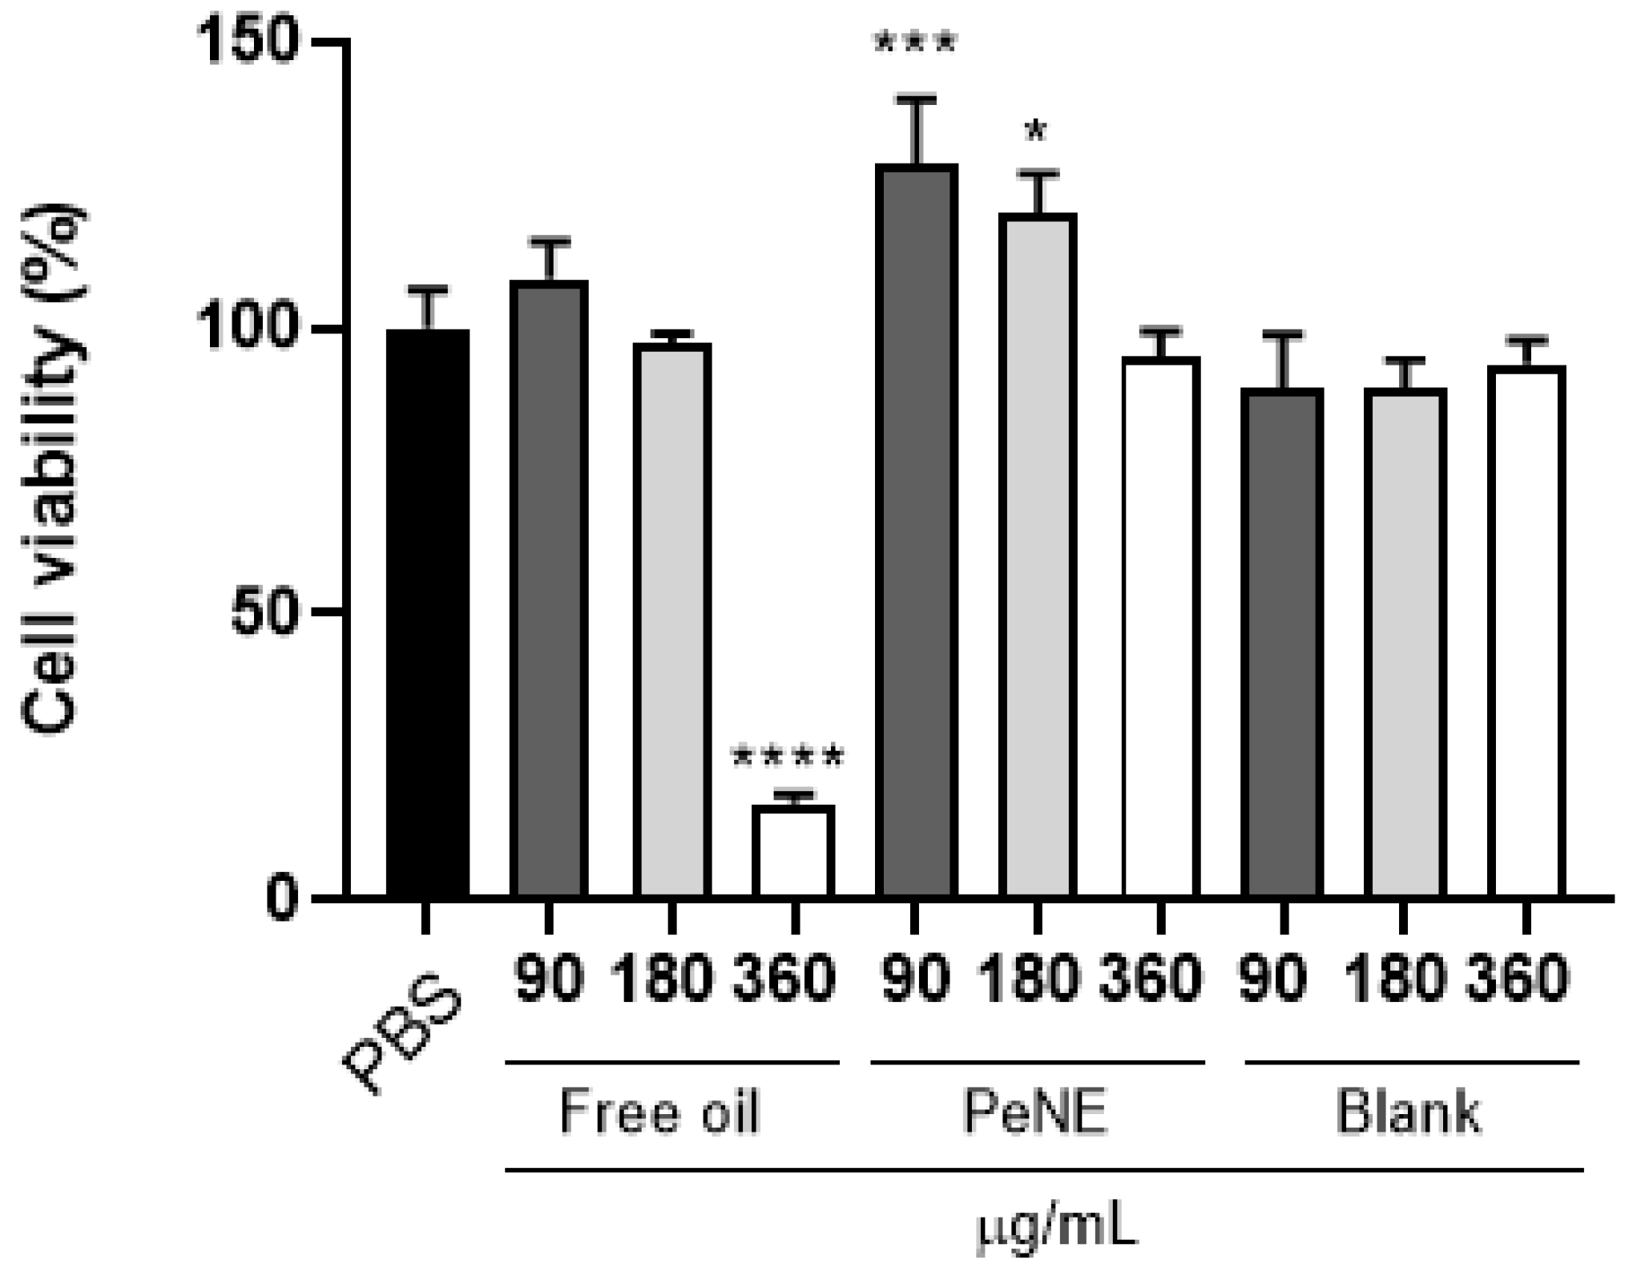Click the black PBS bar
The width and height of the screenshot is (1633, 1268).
427,613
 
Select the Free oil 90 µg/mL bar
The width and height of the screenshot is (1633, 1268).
550,589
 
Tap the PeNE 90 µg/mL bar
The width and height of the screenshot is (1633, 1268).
917,531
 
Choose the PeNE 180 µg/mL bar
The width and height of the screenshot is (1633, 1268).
1038,555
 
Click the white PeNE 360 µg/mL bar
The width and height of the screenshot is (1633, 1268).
1161,627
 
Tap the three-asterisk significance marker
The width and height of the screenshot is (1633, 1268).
916,45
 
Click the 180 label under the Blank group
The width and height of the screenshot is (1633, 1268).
1396,978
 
